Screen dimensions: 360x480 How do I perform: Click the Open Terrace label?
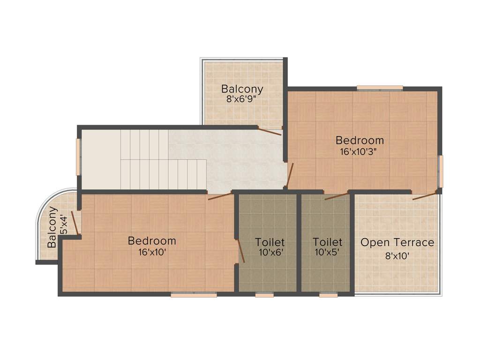click(397, 243)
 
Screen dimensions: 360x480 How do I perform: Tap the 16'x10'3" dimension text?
click(359, 151)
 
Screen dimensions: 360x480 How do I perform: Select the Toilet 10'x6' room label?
click(270, 242)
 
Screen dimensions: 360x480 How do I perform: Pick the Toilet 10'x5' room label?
click(327, 242)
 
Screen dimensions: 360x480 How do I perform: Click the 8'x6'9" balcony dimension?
click(242, 99)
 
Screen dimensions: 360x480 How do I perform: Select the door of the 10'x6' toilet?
click(241, 251)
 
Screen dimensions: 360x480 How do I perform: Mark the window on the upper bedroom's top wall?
click(380, 88)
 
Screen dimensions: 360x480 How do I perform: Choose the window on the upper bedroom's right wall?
click(440, 171)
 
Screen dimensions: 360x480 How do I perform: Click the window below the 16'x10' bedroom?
click(194, 295)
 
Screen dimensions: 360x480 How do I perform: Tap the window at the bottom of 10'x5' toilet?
click(328, 295)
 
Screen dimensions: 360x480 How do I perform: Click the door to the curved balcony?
click(74, 223)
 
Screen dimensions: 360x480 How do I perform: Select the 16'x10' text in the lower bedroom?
click(152, 252)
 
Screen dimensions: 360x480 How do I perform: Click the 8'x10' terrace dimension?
click(397, 256)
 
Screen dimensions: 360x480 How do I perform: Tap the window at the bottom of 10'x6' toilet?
click(264, 295)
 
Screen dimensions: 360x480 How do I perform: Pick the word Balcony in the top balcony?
click(242, 89)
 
